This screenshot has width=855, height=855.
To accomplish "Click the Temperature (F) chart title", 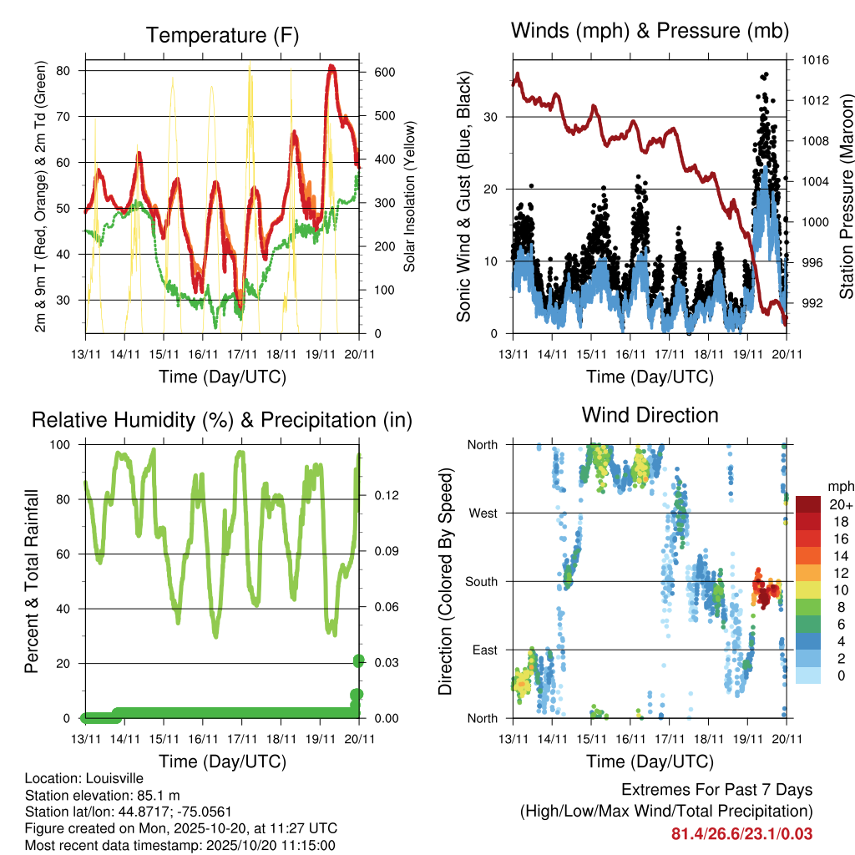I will (x=221, y=35).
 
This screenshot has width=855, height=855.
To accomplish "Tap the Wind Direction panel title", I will (x=650, y=414).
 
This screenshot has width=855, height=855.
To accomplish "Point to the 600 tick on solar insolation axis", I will (x=384, y=73).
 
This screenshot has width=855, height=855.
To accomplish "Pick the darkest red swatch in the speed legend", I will (x=809, y=504).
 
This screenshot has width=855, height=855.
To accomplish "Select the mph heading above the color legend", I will (x=839, y=486).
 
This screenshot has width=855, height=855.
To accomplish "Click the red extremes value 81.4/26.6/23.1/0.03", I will (x=741, y=833).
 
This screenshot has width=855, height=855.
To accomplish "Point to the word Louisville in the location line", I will (x=114, y=779).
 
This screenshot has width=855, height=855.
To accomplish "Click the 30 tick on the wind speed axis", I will (x=491, y=117).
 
